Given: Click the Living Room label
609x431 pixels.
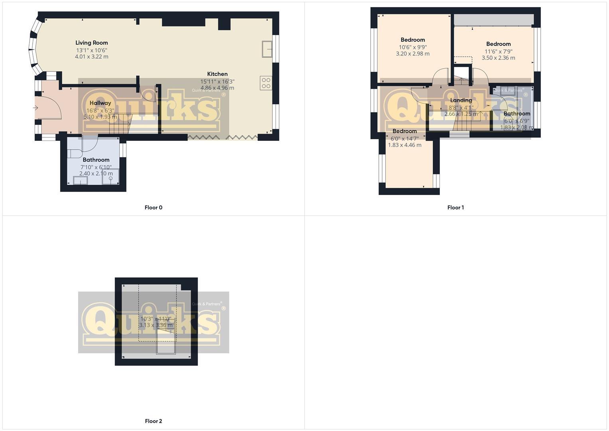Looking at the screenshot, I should (x=92, y=43).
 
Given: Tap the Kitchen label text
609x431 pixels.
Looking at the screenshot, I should (x=217, y=74).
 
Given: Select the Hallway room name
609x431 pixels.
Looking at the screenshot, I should (x=100, y=103).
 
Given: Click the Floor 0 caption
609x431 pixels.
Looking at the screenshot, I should (x=154, y=208).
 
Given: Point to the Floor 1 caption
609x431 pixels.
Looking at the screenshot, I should (x=455, y=208).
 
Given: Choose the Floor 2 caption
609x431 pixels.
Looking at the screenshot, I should (x=154, y=421).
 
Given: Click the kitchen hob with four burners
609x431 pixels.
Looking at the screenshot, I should (x=266, y=83).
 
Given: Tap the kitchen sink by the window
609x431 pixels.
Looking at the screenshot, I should (x=267, y=49).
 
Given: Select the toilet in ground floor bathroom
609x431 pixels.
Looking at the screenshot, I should (x=74, y=154).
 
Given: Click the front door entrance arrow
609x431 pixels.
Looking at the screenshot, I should (x=35, y=108).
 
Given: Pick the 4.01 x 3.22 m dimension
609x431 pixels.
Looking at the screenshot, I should (x=92, y=57).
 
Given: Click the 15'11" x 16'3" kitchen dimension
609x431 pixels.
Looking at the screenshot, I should (x=217, y=81).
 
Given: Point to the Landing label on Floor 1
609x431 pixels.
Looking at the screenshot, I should (x=461, y=100).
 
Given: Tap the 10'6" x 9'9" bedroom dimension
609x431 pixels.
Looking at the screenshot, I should (x=413, y=47).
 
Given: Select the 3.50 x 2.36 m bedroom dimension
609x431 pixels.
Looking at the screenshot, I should (x=498, y=58).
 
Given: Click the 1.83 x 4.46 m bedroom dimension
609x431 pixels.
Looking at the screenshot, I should (x=404, y=145).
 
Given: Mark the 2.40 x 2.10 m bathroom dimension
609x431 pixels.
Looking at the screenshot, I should (x=96, y=174).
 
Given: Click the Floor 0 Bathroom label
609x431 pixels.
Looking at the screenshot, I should (x=96, y=160).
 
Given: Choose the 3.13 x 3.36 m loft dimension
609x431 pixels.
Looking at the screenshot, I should (x=156, y=325).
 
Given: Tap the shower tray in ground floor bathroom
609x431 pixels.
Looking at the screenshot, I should (x=110, y=177).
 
